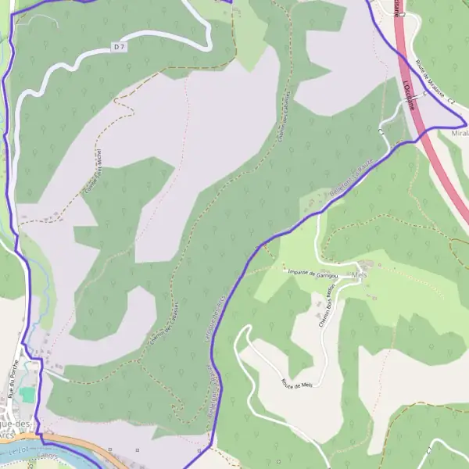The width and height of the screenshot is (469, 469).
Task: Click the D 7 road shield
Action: tap(119, 48)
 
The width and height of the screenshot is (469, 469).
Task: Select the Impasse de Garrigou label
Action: tap(311, 273)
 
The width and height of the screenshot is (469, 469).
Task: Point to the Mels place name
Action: tap(360, 276)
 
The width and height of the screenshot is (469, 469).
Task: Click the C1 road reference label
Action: tap(383, 132)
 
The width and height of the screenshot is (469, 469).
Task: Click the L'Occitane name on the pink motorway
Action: tap(408, 94)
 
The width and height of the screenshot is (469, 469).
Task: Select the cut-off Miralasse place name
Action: tap(460, 134)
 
